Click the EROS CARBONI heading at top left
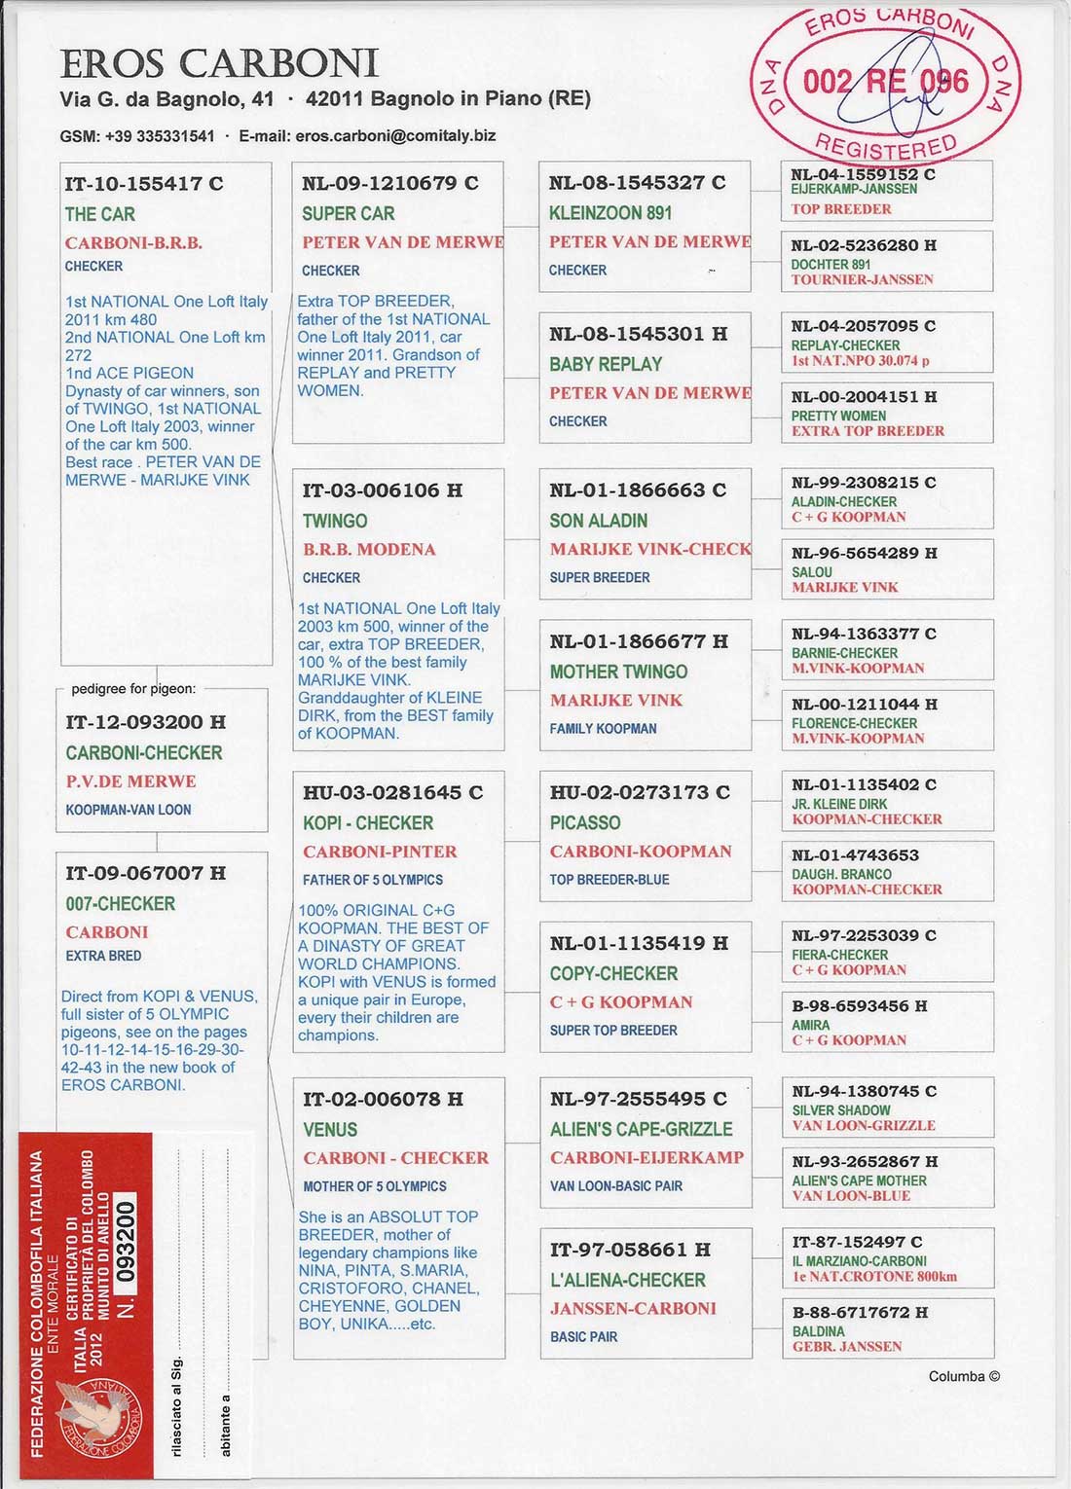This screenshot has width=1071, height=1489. coord(219,64)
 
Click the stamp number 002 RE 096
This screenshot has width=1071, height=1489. coord(885,82)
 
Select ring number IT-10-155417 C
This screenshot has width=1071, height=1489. coord(144,183)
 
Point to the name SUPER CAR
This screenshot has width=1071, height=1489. coord(349,213)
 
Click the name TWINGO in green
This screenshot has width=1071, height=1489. coord(335,521)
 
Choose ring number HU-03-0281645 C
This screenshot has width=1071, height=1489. coord(392,792)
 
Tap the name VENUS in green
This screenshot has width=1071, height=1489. coord(330,1129)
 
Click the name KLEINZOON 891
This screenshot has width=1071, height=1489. coord(610,212)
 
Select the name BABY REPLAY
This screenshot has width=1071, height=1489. coord(606,364)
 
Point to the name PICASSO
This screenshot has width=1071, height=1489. coord(585,822)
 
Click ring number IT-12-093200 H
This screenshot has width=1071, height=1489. coord(145,722)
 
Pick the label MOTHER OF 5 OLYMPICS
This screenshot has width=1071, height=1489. coord(375,1186)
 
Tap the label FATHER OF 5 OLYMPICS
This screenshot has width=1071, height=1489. coord(373,880)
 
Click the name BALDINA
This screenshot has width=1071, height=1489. coord(818,1331)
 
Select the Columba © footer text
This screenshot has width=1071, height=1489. coord(963,1376)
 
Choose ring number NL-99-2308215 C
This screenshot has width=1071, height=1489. coord(864,483)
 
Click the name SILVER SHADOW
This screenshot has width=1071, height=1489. coord(840,1110)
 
